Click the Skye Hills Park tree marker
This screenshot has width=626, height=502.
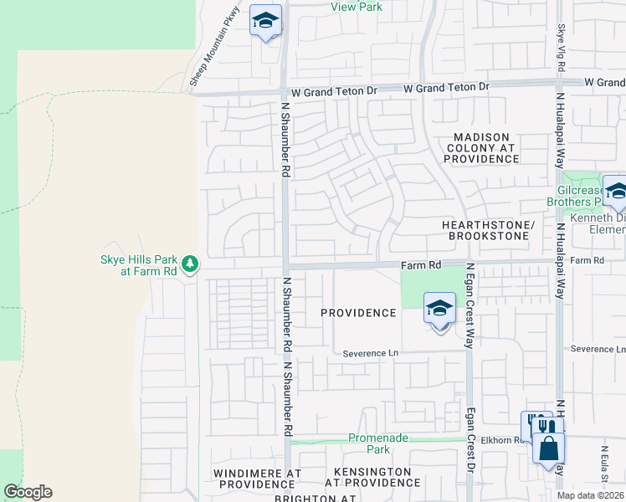pyautogui.click(x=191, y=264)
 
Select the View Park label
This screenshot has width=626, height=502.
pyautogui.click(x=357, y=7)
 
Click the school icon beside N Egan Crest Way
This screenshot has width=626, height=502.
pyautogui.click(x=439, y=309)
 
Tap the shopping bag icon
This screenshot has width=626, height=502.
pyautogui.click(x=547, y=448)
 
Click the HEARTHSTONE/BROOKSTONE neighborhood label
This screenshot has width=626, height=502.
pyautogui.click(x=487, y=231)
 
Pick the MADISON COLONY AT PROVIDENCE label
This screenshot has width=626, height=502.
pyautogui.click(x=482, y=147)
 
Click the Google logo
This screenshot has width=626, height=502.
pyautogui.click(x=28, y=492)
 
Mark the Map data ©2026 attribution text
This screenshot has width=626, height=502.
pyautogui.click(x=591, y=495)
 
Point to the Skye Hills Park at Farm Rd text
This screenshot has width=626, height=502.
pyautogui.click(x=138, y=265)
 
